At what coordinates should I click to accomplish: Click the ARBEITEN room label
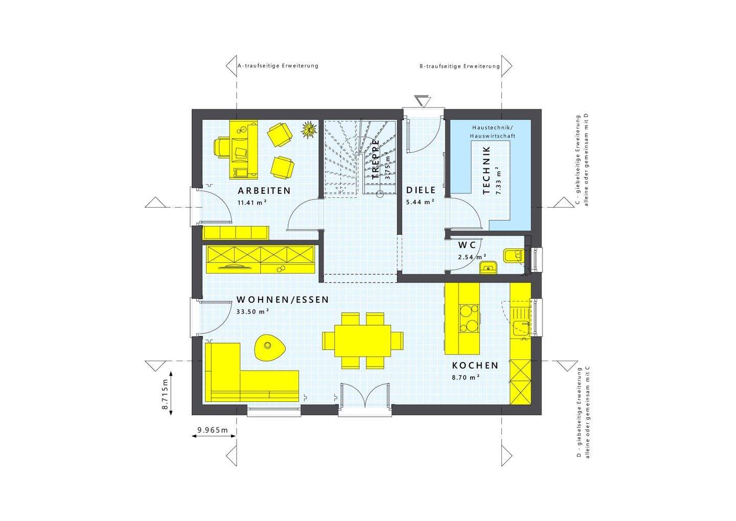click(264, 191)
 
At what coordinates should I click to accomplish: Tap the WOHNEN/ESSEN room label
click(282, 300)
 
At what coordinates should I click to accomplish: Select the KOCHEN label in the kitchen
click(475, 366)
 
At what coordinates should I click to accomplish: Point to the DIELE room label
click(421, 190)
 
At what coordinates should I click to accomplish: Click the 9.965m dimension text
click(213, 430)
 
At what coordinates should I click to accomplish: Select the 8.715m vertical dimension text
click(165, 395)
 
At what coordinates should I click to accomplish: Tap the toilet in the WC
click(512, 255)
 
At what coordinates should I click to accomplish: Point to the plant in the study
click(308, 129)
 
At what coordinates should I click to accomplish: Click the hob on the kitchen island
click(469, 318)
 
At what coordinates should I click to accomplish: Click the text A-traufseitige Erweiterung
click(278, 66)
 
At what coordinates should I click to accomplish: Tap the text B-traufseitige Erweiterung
click(459, 66)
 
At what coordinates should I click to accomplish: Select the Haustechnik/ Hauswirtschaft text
click(494, 131)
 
